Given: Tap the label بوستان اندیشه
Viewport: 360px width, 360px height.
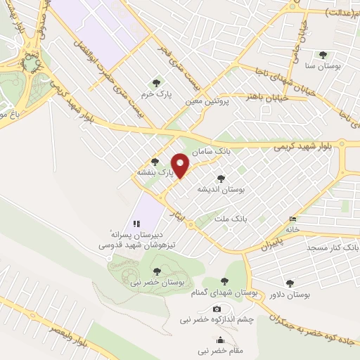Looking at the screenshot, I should point(222,190).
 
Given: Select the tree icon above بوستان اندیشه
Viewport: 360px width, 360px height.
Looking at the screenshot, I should point(221,179).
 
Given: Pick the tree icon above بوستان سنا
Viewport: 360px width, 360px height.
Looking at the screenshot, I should point(323,54).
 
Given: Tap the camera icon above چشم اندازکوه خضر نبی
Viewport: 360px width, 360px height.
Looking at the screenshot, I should point(217,309).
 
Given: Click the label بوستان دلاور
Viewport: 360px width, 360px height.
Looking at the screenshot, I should point(290,295).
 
